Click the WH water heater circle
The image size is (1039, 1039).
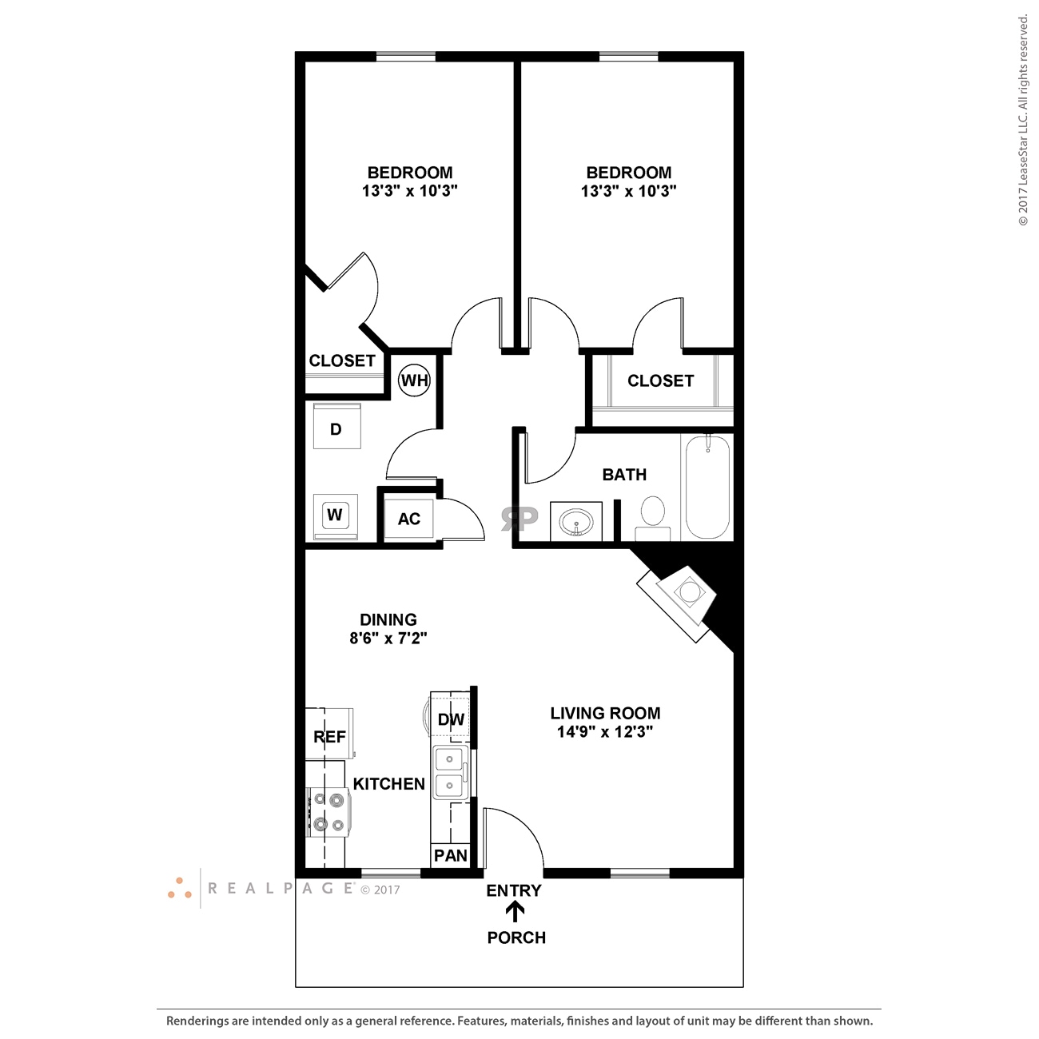pyautogui.click(x=414, y=380)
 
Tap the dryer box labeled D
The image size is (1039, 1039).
pyautogui.click(x=336, y=428)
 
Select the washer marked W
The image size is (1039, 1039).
pyautogui.click(x=335, y=516)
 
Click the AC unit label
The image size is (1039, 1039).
pyautogui.click(x=409, y=519)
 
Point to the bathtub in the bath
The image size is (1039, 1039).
pyautogui.click(x=707, y=488)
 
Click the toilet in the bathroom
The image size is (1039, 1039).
pyautogui.click(x=653, y=516)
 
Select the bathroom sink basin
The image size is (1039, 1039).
pyautogui.click(x=576, y=523)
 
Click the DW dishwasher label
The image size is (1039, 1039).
pyautogui.click(x=451, y=719)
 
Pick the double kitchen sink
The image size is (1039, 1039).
pyautogui.click(x=450, y=773)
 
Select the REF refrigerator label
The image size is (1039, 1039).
pyautogui.click(x=329, y=737)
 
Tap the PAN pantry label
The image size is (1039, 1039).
pyautogui.click(x=451, y=855)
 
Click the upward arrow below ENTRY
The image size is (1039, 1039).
pyautogui.click(x=516, y=912)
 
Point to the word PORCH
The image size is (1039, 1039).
pyautogui.click(x=516, y=937)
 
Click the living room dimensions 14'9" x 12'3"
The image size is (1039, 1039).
pyautogui.click(x=605, y=732)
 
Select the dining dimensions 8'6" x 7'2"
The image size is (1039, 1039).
pyautogui.click(x=388, y=639)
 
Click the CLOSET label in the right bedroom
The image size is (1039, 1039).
pyautogui.click(x=660, y=380)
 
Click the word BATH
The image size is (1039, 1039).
pyautogui.click(x=624, y=475)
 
